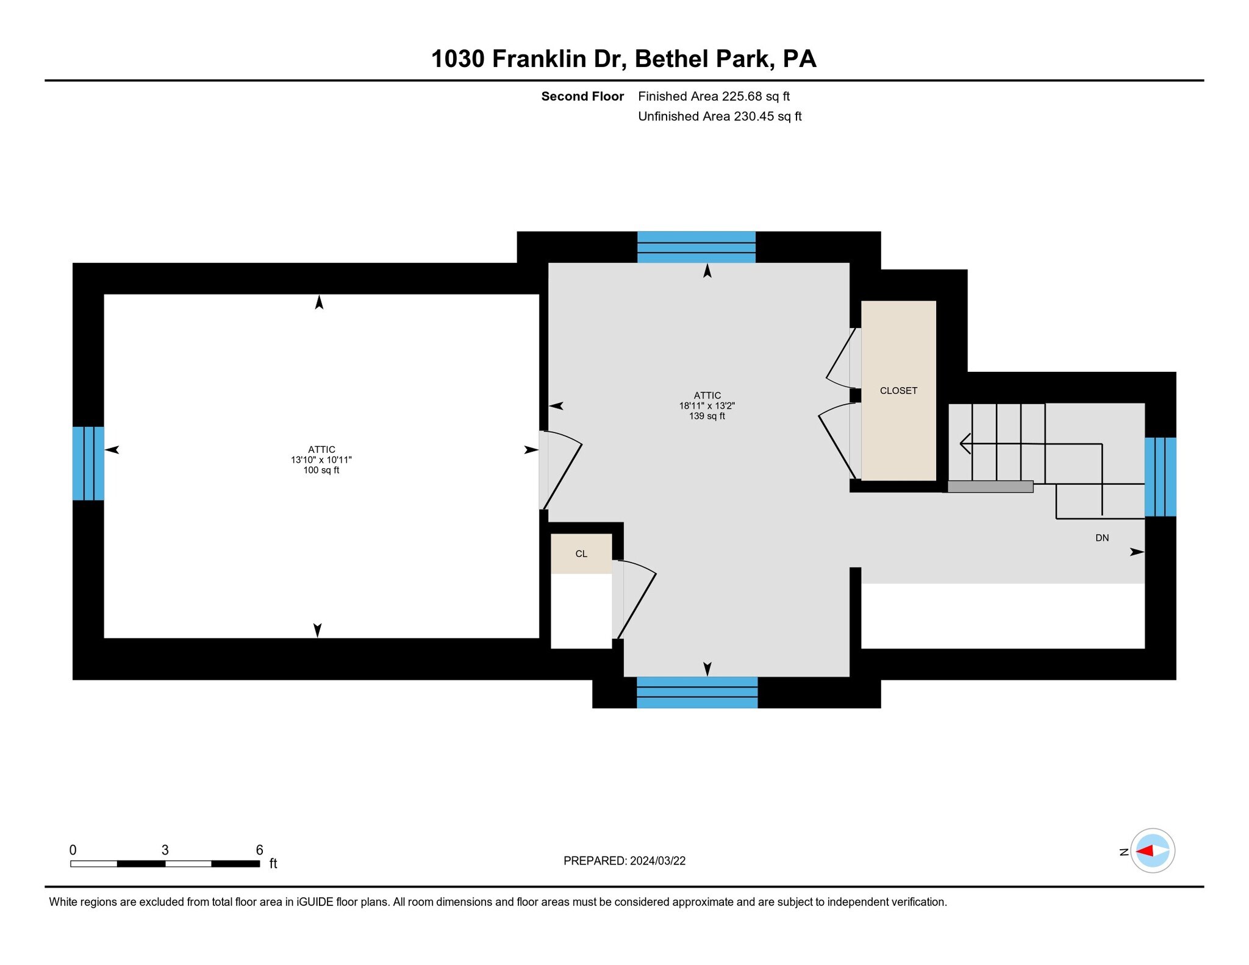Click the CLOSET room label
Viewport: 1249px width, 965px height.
click(x=898, y=391)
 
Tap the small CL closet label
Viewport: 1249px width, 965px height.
click(x=581, y=554)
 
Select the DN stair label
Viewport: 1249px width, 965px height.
click(x=1101, y=538)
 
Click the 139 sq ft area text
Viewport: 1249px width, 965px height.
click(x=707, y=416)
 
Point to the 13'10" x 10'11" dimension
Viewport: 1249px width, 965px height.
click(x=321, y=460)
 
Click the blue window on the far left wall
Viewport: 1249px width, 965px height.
click(x=88, y=463)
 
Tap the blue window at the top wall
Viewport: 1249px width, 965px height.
click(x=696, y=247)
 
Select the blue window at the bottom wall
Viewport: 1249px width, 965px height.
click(x=696, y=692)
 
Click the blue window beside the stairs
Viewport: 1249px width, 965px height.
click(x=1159, y=477)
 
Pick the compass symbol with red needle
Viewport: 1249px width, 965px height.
click(x=1152, y=850)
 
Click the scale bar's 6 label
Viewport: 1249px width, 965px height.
click(x=259, y=850)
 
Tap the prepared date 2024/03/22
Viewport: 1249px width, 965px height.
click(x=657, y=861)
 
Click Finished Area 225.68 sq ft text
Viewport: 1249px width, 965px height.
click(x=714, y=96)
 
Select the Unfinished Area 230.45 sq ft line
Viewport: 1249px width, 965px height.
click(x=719, y=116)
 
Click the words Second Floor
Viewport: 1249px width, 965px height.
click(x=582, y=96)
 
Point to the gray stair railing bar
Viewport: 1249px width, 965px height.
click(x=990, y=486)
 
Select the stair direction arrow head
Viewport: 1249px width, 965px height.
click(x=965, y=443)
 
